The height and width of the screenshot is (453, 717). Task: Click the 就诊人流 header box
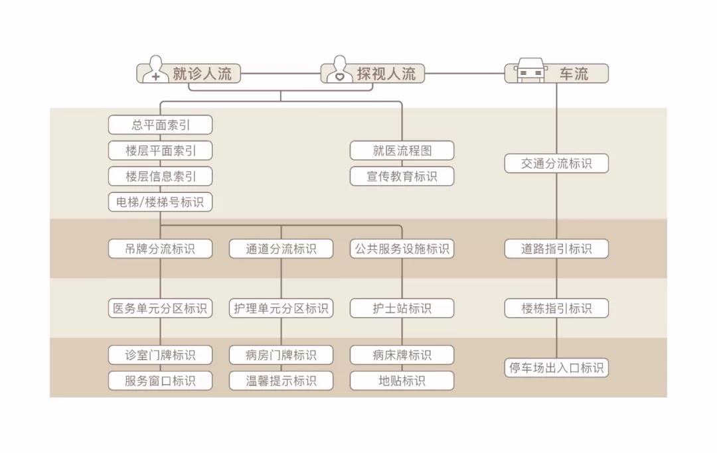189,73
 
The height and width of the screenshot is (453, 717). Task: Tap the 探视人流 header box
372,73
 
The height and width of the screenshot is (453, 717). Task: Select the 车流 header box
556,73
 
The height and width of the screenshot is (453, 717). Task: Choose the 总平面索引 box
161,125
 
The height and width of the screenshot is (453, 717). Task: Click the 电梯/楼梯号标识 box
161,202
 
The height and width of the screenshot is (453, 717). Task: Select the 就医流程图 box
402,151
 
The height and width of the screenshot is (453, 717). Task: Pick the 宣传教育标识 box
402,176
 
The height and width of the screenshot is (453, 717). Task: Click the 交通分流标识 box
556,163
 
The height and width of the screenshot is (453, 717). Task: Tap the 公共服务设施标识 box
402,249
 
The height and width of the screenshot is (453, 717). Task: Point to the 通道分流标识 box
281,249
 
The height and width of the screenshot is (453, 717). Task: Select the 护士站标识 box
402,308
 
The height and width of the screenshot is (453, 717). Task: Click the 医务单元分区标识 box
161,308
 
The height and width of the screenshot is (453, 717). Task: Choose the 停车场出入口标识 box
556,367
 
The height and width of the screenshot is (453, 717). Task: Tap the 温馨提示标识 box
281,381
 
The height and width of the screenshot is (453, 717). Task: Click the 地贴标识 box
402,381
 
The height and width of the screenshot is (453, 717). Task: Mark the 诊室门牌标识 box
161,355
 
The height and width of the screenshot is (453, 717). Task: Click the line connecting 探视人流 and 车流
465,73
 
